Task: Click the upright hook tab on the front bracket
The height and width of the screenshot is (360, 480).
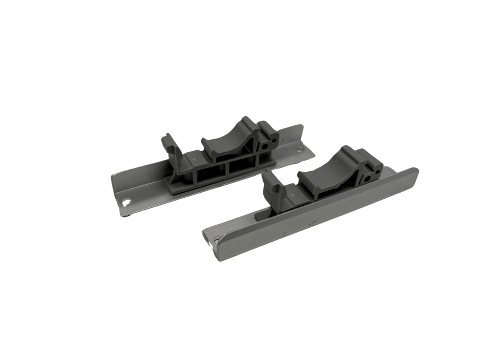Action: [270, 182]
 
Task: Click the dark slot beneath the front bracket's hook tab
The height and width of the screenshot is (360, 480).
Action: [263, 214]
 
